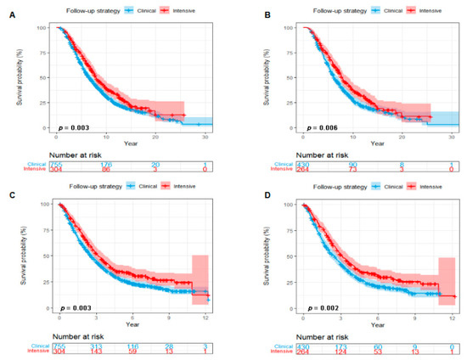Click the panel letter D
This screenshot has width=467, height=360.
click(x=252, y=184)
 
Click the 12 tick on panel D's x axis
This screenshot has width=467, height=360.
click(x=453, y=316)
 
